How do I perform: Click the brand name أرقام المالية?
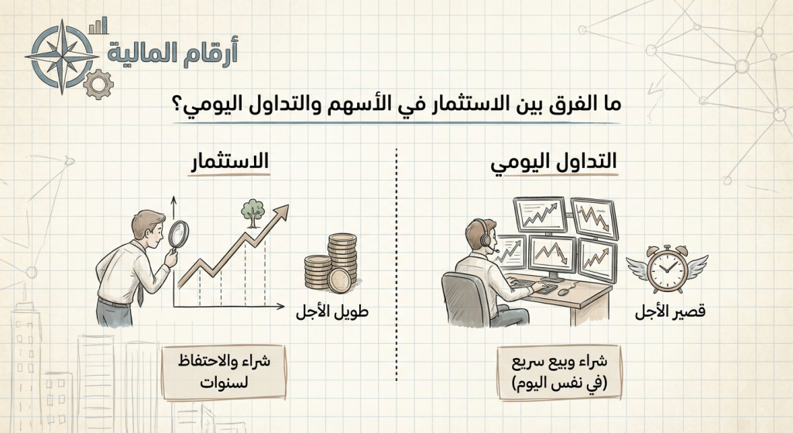click(x=173, y=52)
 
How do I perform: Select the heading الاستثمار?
click(x=229, y=162)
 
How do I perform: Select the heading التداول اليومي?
click(x=555, y=162)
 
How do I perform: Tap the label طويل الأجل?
click(x=331, y=313)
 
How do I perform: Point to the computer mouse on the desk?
click(x=564, y=291)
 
